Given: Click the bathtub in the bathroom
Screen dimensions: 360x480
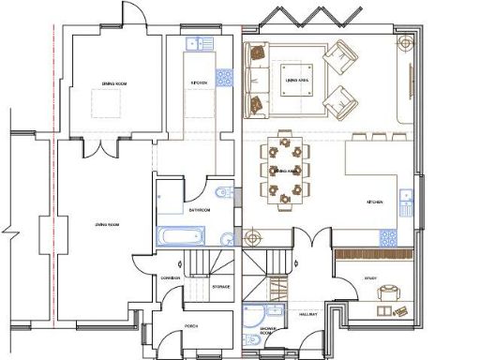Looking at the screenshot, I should tap(176, 235).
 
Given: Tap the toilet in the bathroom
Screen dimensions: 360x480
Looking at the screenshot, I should tap(220, 194).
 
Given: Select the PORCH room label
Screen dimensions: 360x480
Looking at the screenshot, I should tap(191, 326).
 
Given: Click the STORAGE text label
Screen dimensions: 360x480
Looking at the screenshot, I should tap(221, 286).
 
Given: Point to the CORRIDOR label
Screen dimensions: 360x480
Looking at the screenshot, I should tap(170, 278).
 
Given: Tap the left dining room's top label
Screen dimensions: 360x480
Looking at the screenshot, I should tap(114, 84).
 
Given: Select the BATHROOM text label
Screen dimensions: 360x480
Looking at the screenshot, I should tap(198, 211).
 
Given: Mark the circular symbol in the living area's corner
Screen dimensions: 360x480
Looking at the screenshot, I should tap(405, 42).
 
